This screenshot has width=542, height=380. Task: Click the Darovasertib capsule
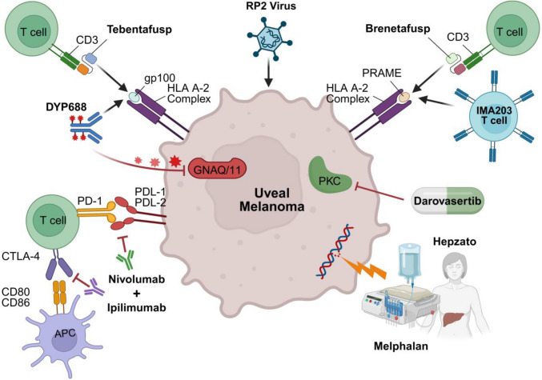pos(448,201)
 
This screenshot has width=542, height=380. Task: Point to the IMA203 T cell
pos(493,116)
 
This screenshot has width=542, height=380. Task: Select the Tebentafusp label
pos(139,30)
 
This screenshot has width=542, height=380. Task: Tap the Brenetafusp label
pos(398,28)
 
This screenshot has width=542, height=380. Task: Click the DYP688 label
pos(66,106)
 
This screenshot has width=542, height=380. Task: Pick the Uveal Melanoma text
pos(272,200)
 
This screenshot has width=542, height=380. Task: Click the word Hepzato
pos(454,242)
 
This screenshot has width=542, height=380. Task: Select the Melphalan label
pos(400,346)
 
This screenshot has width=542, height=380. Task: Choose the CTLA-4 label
pos(20,256)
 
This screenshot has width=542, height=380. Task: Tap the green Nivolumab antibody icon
pos(125,260)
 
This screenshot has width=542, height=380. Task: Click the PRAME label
pos(382,73)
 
